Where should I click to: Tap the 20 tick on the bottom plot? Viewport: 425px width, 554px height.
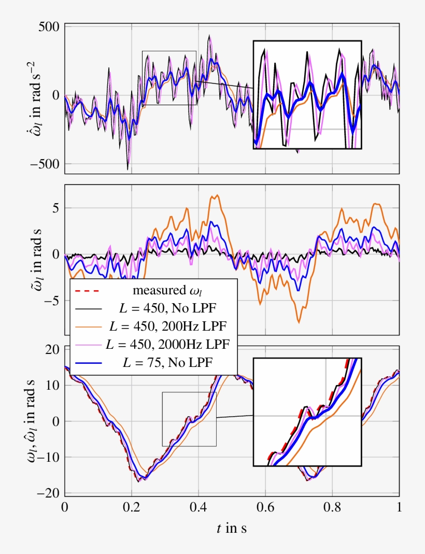coord(52,350)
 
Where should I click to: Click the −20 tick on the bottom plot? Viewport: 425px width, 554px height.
coord(49,493)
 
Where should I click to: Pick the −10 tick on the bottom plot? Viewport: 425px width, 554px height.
coord(49,457)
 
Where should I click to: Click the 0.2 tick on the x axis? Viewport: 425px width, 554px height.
coord(131,506)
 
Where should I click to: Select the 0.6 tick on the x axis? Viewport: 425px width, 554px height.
coord(265,506)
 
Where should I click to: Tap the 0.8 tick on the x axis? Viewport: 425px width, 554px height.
coord(332,506)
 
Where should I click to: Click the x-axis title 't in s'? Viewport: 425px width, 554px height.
coord(231,529)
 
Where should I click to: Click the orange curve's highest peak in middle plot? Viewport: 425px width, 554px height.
coord(218,195)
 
